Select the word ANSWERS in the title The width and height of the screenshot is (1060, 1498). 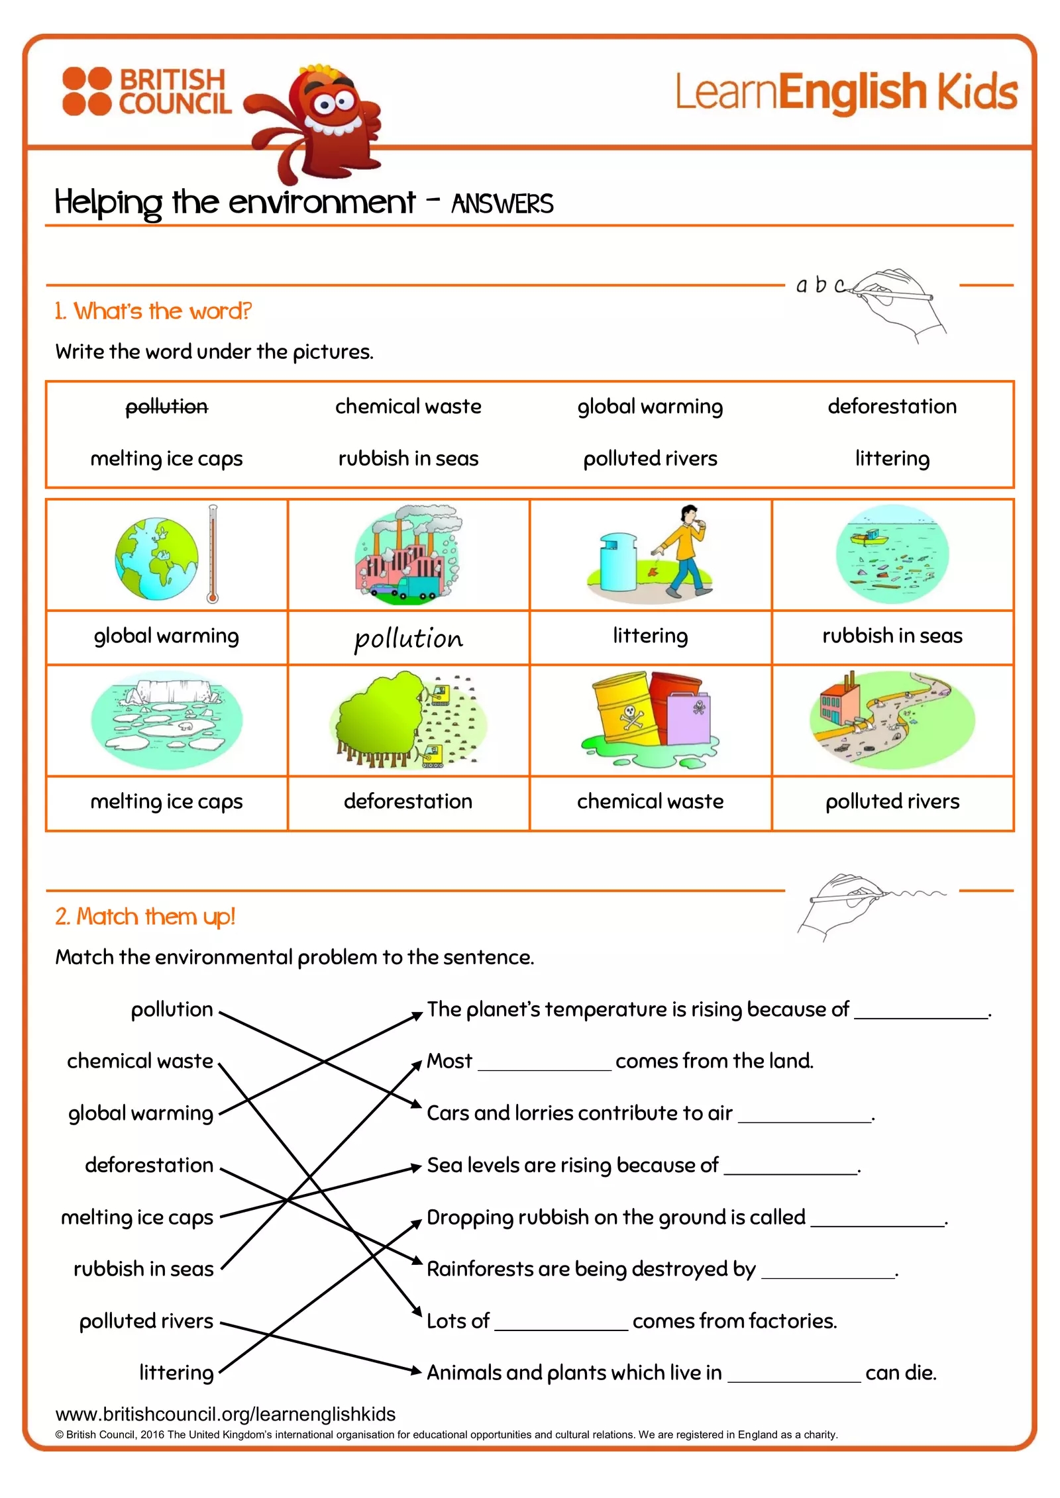[x=502, y=204]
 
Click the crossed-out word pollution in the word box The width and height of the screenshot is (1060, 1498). [x=166, y=407]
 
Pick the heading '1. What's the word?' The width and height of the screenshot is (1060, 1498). [x=153, y=311]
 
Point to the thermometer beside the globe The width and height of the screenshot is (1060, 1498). [x=212, y=554]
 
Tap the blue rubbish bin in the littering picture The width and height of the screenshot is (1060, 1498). [x=617, y=562]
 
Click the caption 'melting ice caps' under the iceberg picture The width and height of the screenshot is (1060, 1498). [x=166, y=802]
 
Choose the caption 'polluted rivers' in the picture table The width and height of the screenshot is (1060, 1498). [x=892, y=802]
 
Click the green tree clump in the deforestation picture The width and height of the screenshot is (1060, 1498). [x=378, y=719]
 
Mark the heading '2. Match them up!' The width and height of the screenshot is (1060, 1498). [x=145, y=917]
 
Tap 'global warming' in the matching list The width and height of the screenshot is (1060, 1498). [x=140, y=1113]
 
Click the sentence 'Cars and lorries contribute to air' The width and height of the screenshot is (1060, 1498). [x=579, y=1113]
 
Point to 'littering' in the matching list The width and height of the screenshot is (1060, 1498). [x=176, y=1373]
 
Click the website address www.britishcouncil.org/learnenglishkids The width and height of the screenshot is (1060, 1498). [x=225, y=1414]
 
